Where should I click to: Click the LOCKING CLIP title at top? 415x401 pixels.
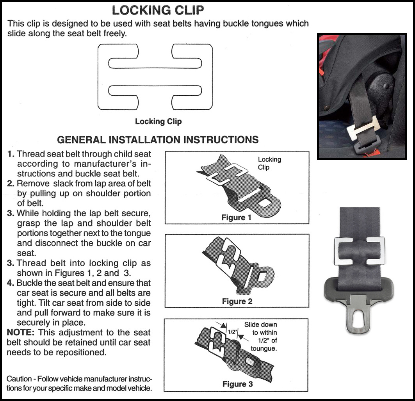click(x=158, y=10)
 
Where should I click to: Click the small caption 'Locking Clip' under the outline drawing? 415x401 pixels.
click(x=158, y=121)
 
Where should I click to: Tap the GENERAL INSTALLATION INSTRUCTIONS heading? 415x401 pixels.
click(x=158, y=140)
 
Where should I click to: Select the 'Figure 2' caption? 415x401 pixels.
click(x=237, y=301)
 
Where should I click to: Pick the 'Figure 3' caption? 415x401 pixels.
click(x=237, y=384)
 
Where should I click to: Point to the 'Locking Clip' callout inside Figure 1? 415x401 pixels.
click(x=269, y=163)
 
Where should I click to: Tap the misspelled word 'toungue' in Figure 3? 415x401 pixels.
click(x=264, y=348)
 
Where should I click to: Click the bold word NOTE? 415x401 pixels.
click(x=20, y=333)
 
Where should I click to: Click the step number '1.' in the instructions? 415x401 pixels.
click(x=11, y=154)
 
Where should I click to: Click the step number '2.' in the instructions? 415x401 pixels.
click(x=11, y=184)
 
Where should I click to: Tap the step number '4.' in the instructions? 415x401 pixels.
click(x=11, y=283)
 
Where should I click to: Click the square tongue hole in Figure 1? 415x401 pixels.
click(x=265, y=203)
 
